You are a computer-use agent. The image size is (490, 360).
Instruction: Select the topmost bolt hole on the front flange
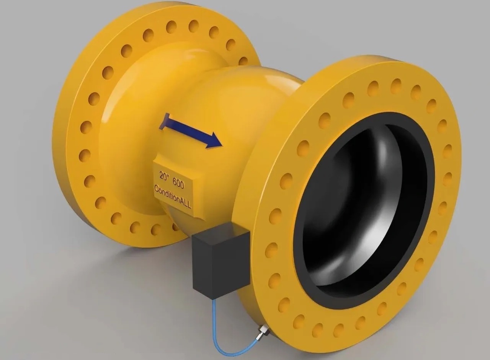click(395, 86)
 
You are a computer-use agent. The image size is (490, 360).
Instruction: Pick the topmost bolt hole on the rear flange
click(193, 26)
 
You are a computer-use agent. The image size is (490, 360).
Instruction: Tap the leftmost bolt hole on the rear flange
click(85, 155)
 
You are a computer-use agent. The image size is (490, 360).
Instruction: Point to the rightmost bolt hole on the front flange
click(448, 179)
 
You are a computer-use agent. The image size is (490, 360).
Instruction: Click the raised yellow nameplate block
click(174, 187)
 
